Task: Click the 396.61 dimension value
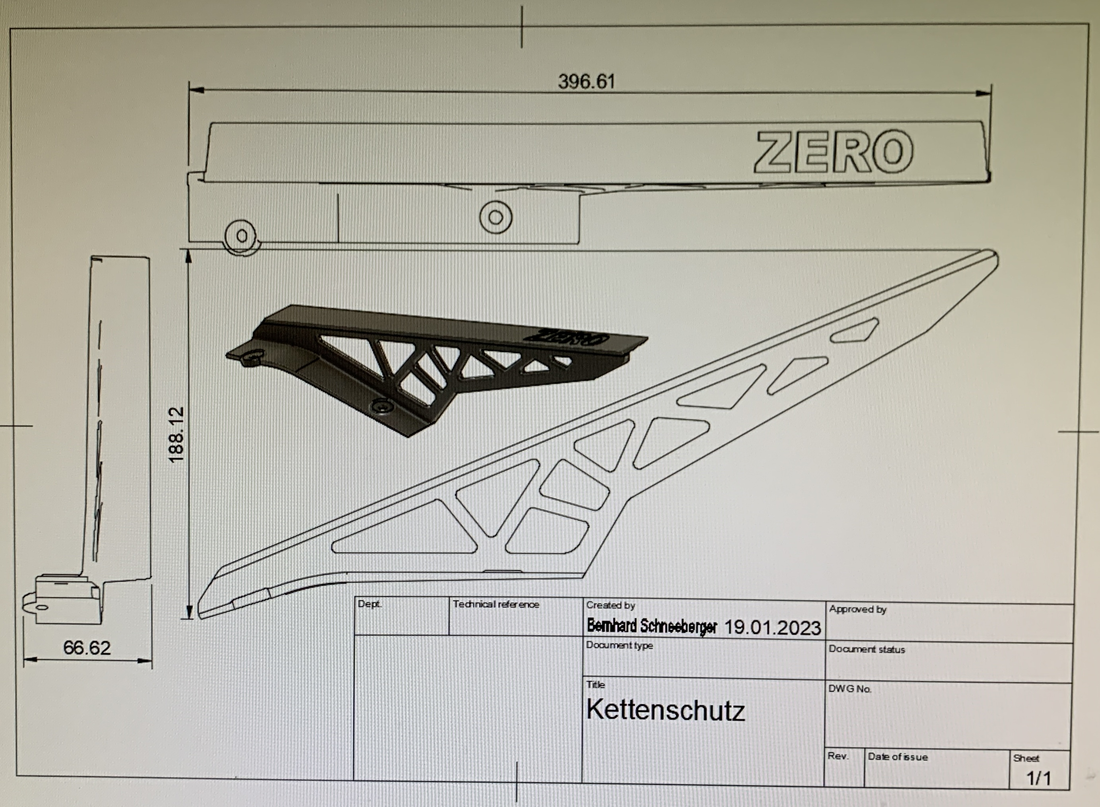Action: click(x=586, y=82)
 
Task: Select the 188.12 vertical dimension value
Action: click(x=176, y=435)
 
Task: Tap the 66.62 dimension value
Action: click(x=87, y=648)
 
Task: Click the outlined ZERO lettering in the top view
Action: click(x=833, y=152)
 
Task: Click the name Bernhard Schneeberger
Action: click(x=652, y=626)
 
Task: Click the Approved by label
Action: click(x=858, y=609)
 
